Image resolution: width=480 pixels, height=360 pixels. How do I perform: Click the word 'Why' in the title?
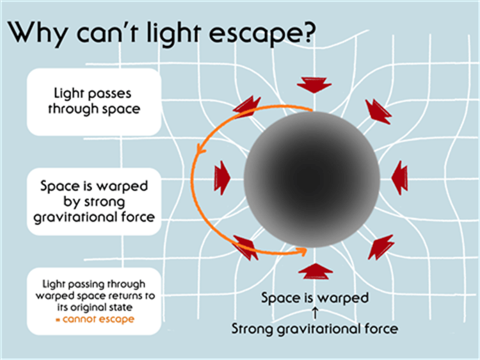pos(37,33)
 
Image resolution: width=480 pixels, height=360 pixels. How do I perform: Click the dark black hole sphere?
pos(312,179)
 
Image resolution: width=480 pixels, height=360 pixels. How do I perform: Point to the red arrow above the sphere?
pos(314,85)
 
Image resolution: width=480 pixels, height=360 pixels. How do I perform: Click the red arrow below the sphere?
pos(316,271)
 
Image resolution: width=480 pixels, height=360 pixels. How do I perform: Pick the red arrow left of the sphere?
pos(222,178)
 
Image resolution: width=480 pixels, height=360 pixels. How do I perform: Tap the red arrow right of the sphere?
pos(400,178)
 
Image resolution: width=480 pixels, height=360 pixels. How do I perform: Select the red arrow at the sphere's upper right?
pos(378,111)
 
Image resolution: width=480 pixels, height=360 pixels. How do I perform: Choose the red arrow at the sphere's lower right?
pos(381,247)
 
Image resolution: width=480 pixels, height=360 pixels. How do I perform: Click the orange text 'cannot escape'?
pos(99,319)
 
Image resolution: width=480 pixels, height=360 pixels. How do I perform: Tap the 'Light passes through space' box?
pos(94,102)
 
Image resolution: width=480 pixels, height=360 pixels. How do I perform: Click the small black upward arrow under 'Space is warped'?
pos(315,313)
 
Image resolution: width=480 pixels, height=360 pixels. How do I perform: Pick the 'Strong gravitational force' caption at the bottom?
pos(315,329)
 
